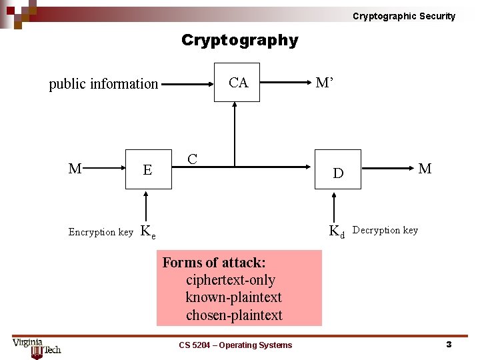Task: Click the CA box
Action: pyautogui.click(x=237, y=83)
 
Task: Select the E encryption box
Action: pyautogui.click(x=147, y=170)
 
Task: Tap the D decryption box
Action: pyautogui.click(x=338, y=173)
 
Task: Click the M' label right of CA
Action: pyautogui.click(x=325, y=83)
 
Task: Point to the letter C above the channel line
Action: pyautogui.click(x=192, y=159)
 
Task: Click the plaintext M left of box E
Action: pyautogui.click(x=75, y=169)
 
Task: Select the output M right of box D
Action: pyautogui.click(x=425, y=169)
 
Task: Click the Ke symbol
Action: pyautogui.click(x=148, y=232)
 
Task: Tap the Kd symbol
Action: pyautogui.click(x=337, y=231)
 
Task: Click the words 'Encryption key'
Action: pyautogui.click(x=101, y=232)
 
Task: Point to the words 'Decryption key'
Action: pyautogui.click(x=385, y=230)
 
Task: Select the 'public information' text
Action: pyautogui.click(x=103, y=84)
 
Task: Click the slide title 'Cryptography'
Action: pyautogui.click(x=240, y=41)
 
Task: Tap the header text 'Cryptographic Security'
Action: pyautogui.click(x=404, y=16)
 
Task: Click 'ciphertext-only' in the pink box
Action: pyautogui.click(x=230, y=280)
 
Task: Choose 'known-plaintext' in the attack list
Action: pyautogui.click(x=233, y=297)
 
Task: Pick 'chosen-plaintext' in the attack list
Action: pyautogui.click(x=234, y=315)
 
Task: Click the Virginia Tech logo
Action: pyautogui.click(x=37, y=347)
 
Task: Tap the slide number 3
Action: pyautogui.click(x=449, y=345)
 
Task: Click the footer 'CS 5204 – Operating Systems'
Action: pyautogui.click(x=235, y=345)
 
